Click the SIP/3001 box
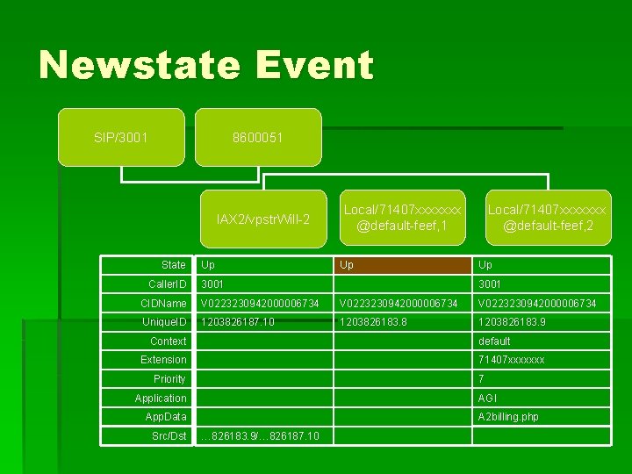[x=120, y=138]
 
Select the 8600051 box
[x=257, y=138]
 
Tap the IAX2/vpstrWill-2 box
[x=262, y=219]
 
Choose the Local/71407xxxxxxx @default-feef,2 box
[x=547, y=218]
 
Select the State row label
[x=173, y=265]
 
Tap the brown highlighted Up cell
[x=404, y=265]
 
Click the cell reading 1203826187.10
[x=238, y=322]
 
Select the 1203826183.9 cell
[x=513, y=322]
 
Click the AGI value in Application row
[x=489, y=398]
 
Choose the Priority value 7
[x=482, y=379]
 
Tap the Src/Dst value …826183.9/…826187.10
[x=260, y=436]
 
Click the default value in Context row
[x=494, y=341]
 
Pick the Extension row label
[x=163, y=360]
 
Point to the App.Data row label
[x=166, y=417]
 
